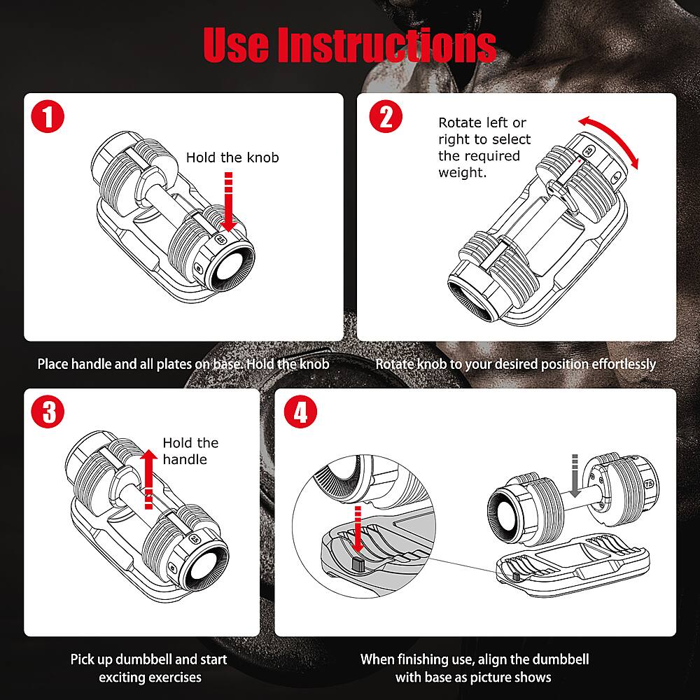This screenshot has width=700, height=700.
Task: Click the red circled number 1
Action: (x=48, y=117)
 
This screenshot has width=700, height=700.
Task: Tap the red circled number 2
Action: (x=385, y=117)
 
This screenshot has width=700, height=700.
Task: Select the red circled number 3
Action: (x=48, y=412)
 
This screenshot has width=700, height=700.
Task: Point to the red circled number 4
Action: (x=300, y=412)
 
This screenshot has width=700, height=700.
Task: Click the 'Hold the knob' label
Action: (x=232, y=157)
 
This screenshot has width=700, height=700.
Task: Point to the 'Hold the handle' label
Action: (x=190, y=451)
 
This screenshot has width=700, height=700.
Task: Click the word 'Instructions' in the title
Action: (x=387, y=45)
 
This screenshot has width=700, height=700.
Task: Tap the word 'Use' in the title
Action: (x=237, y=45)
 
